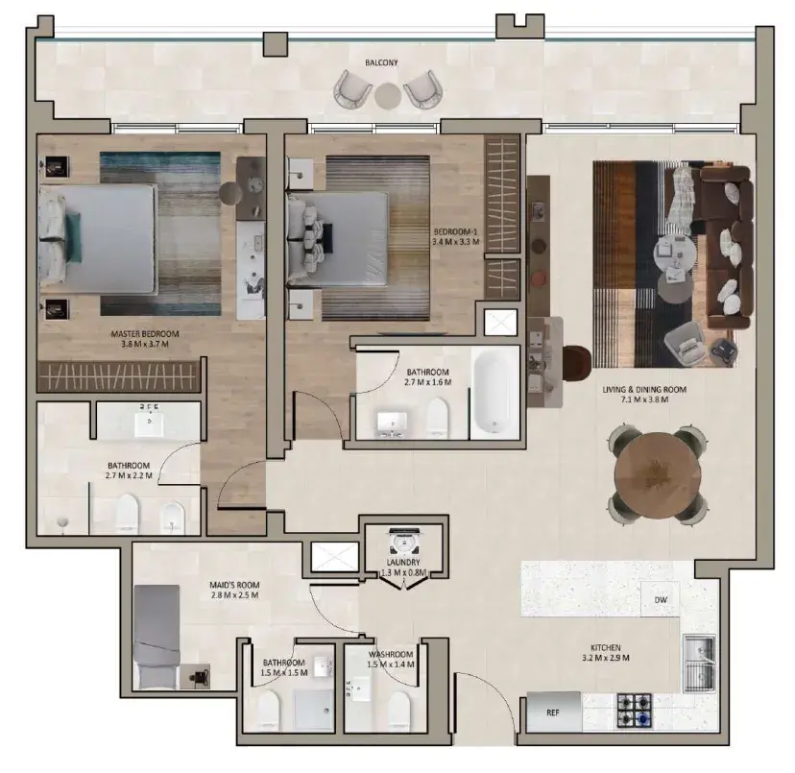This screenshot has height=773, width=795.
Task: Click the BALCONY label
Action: click(381, 62)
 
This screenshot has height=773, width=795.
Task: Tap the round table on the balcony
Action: click(388, 96)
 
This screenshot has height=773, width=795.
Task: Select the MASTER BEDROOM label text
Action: click(145, 334)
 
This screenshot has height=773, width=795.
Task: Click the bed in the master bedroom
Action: click(97, 238)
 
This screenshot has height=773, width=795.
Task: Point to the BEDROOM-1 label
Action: click(455, 231)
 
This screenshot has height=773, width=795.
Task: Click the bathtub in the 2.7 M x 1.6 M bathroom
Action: click(494, 391)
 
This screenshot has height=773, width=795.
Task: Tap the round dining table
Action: click(658, 475)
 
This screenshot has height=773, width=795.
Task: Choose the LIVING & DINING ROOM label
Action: click(644, 390)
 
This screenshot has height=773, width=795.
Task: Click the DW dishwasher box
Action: click(661, 599)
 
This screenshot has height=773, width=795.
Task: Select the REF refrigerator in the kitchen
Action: click(554, 713)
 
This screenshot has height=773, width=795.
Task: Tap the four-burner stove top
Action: click(635, 711)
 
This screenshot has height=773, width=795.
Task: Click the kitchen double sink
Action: click(699, 664)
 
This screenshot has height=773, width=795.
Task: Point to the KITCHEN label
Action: click(606, 648)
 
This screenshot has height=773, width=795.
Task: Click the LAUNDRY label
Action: click(403, 563)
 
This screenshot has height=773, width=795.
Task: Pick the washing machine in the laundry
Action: click(403, 542)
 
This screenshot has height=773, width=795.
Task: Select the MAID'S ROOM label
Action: click(234, 585)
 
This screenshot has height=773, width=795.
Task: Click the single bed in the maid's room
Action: click(157, 637)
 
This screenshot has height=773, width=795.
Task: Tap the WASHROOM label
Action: click(391, 654)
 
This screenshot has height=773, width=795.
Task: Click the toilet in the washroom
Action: click(398, 711)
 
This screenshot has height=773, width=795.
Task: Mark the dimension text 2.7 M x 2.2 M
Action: click(129, 475)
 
